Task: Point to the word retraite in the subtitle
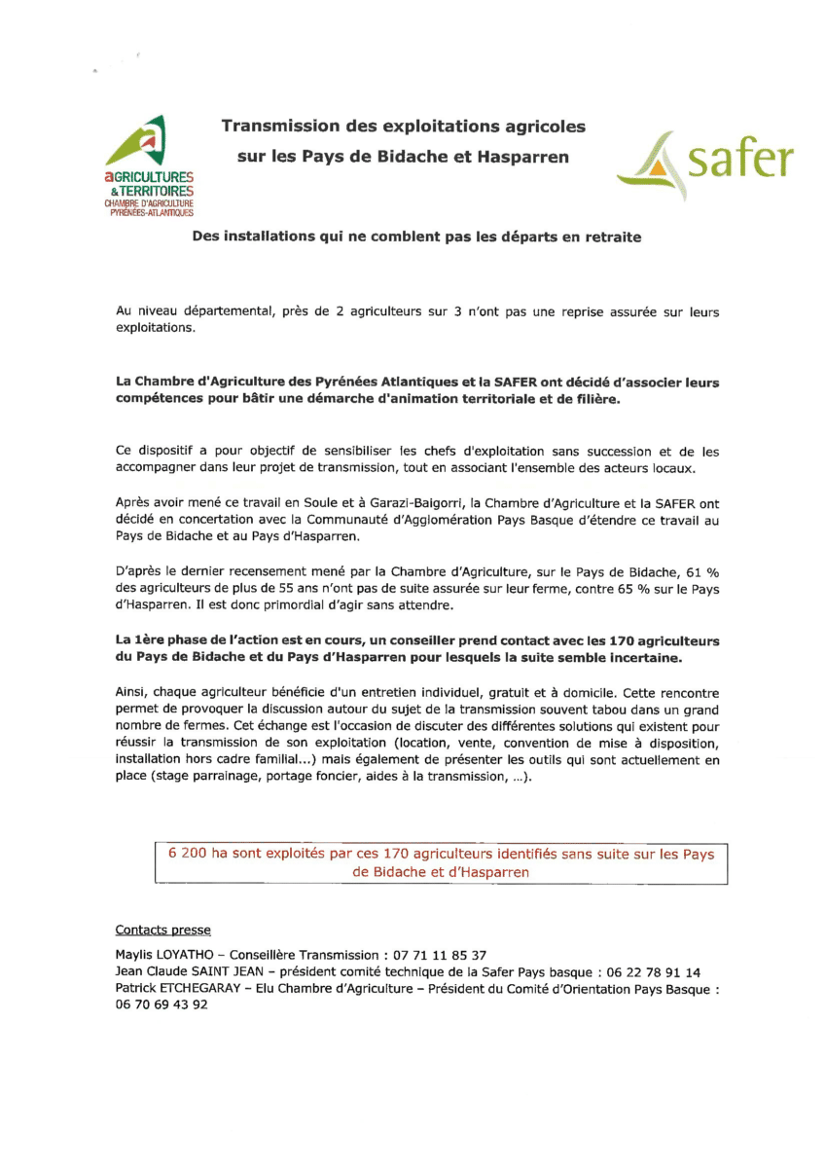[611, 237]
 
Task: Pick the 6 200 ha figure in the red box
[198, 855]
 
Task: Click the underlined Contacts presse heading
[162, 931]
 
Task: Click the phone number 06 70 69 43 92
[162, 1005]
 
